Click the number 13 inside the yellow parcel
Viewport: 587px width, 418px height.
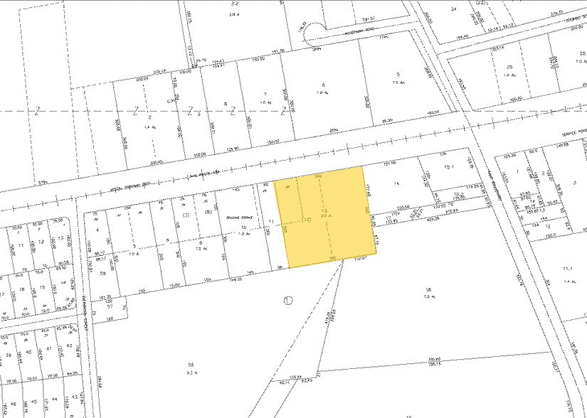pos(324,212)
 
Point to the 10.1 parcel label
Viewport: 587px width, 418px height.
pos(448,168)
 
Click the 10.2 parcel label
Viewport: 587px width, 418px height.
pos(459,193)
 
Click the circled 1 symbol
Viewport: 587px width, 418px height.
pos(288,299)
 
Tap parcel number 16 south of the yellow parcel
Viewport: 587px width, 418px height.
pos(428,289)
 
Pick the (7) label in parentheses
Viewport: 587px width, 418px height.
pos(186,214)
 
